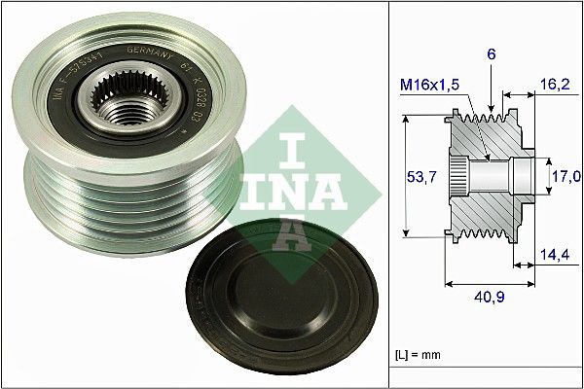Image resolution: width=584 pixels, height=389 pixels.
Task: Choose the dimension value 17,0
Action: point(566,175)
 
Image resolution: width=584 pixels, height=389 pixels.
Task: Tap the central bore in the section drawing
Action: point(496,176)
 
